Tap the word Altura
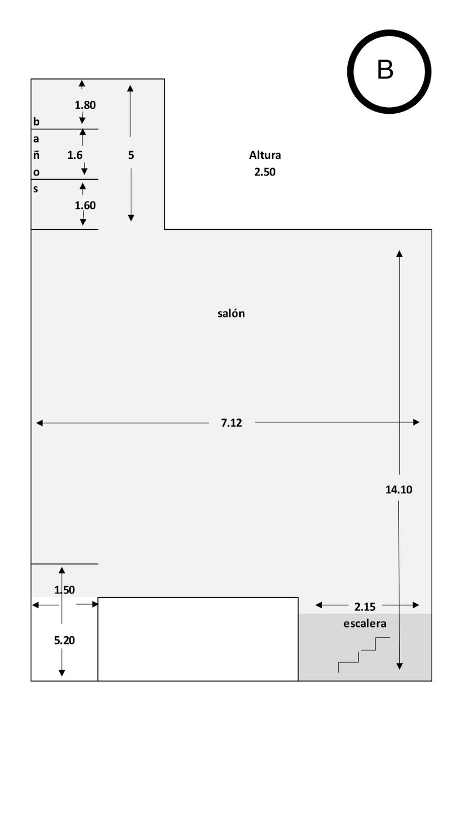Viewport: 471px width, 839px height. point(265,155)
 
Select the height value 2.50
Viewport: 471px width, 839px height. point(265,172)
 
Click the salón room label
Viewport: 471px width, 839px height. point(231,313)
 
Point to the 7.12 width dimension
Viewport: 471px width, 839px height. point(231,423)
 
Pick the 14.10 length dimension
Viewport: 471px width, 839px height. point(399,490)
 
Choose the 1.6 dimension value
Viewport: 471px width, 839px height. point(75,155)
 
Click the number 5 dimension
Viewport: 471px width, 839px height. point(131,155)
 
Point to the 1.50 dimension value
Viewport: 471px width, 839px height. point(65,590)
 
